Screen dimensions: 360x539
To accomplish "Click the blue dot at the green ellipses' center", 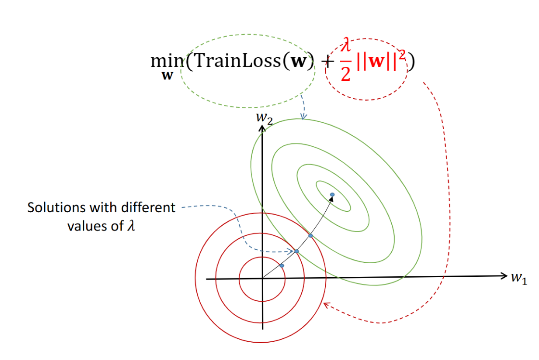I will pyautogui.click(x=332, y=194).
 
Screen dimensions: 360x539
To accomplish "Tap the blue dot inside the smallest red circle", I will pyautogui.click(x=282, y=266).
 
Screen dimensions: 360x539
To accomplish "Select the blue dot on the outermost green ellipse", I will pyautogui.click(x=311, y=235).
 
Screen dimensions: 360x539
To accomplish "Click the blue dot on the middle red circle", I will pyautogui.click(x=297, y=251).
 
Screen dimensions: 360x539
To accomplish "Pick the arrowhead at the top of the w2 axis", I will pyautogui.click(x=262, y=128).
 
